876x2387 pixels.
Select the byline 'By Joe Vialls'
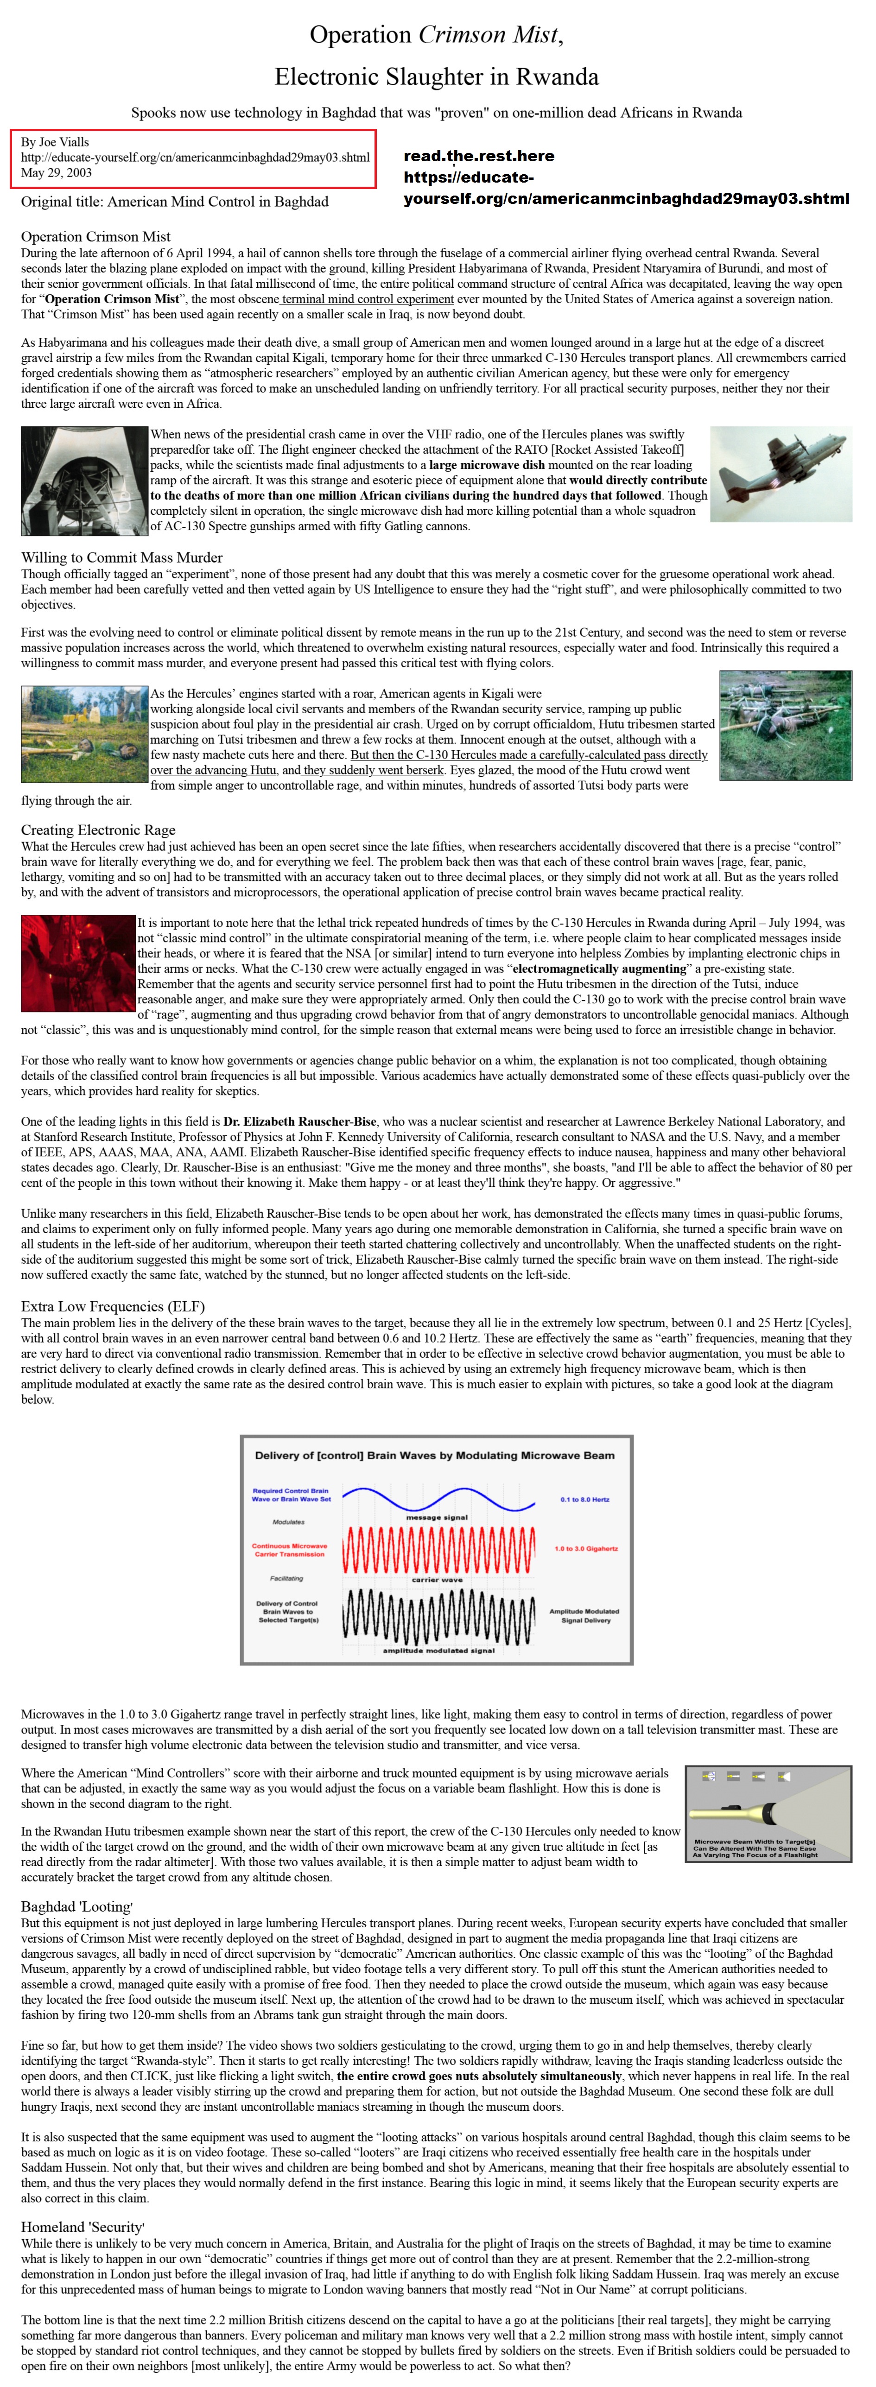(56, 142)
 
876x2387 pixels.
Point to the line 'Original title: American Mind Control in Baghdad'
(174, 202)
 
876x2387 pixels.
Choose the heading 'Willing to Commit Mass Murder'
(121, 558)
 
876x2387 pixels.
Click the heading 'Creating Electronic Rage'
(98, 830)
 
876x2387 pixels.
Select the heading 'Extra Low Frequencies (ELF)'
(113, 1306)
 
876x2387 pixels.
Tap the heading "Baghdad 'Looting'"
(77, 1907)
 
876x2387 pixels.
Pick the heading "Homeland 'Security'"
(83, 2228)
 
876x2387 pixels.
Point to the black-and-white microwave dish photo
(84, 481)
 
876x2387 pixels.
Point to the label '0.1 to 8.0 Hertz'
(585, 1499)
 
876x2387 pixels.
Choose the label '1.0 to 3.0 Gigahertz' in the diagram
(586, 1548)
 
